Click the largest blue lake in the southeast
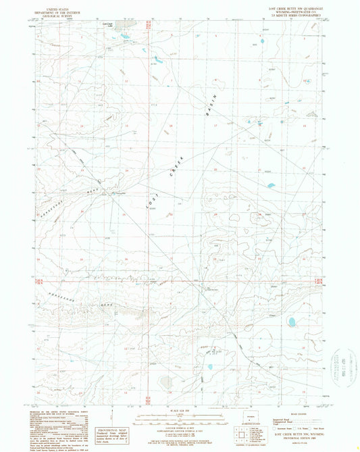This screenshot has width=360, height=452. [294, 321]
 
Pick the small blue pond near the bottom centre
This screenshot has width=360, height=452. [209, 368]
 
